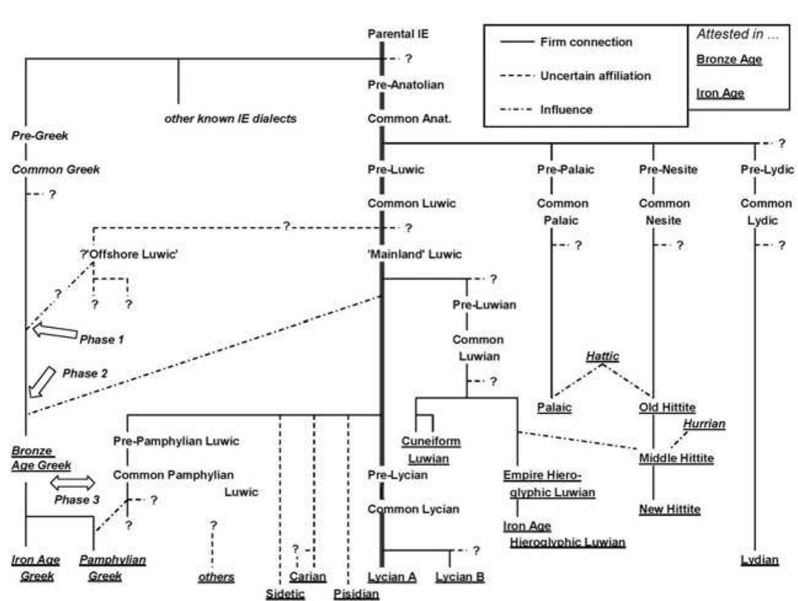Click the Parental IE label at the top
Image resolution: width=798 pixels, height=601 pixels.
click(x=398, y=34)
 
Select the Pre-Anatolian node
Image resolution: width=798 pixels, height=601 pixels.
click(x=405, y=85)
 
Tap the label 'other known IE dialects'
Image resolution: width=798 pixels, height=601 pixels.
click(x=230, y=119)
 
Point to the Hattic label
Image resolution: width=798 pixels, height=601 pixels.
click(x=602, y=356)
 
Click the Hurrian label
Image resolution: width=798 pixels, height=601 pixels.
click(x=704, y=424)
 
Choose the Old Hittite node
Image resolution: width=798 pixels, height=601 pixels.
click(x=667, y=407)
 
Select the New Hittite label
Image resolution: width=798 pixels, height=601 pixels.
click(x=670, y=509)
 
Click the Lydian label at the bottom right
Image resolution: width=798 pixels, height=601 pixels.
click(x=759, y=560)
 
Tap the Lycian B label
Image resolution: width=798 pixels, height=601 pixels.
click(x=459, y=577)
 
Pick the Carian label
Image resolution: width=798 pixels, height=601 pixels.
click(x=307, y=577)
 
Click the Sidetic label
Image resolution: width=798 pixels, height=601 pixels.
click(x=285, y=594)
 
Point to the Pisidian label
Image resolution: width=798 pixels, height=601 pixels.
click(x=356, y=594)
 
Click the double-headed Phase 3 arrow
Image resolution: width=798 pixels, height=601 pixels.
click(x=73, y=482)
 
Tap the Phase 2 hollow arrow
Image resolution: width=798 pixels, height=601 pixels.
click(x=42, y=381)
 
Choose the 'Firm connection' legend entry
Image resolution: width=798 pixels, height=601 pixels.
click(x=586, y=42)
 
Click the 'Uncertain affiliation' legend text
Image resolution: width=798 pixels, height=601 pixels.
click(x=595, y=76)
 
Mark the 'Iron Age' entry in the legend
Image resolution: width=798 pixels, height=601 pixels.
click(x=720, y=93)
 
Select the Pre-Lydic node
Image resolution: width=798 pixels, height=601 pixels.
click(x=767, y=170)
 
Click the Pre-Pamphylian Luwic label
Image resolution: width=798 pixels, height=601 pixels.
click(x=176, y=441)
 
